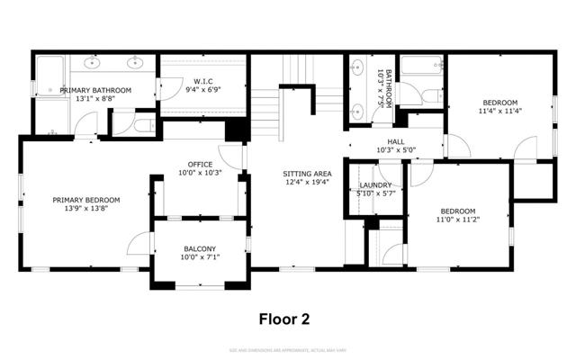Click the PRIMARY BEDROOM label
(85, 200)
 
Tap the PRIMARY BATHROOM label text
(95, 90)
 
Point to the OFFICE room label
(200, 164)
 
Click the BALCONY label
(200, 247)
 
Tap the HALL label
(396, 141)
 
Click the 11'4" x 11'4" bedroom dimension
(499, 112)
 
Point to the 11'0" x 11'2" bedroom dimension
(459, 219)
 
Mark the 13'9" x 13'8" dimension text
(85, 209)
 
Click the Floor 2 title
(284, 318)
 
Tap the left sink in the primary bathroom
(93, 63)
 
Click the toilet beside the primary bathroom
(142, 126)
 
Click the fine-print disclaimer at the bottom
(287, 348)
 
